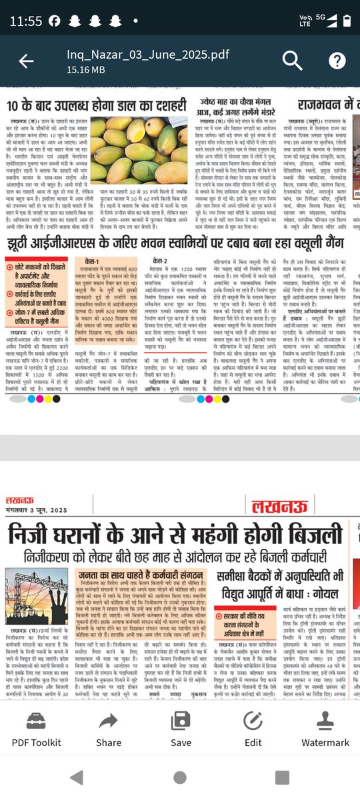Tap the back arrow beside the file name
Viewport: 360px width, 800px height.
coord(26,61)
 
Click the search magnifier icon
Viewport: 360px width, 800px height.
coord(292,61)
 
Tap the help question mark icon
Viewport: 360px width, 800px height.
coord(337,61)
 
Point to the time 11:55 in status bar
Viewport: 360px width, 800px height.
coord(26,20)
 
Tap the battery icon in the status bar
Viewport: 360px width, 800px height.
coord(347,20)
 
